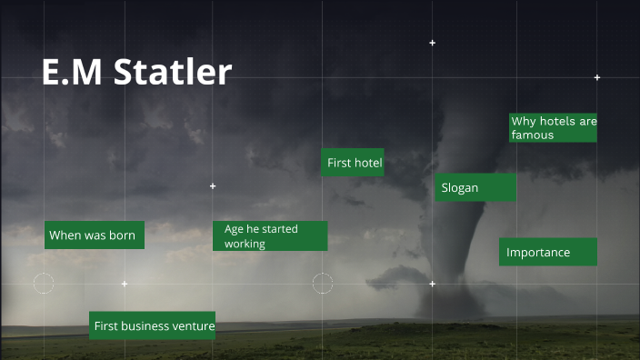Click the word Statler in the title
point(173,73)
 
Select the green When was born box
point(94,235)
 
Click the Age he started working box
point(269,235)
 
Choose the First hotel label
point(354,163)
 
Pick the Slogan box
point(475,187)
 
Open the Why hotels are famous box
point(553,127)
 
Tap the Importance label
point(547,252)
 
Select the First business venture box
point(153,325)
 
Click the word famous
point(532,135)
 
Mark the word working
point(245,244)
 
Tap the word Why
point(523,121)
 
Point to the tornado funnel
point(468,227)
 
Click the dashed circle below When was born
point(44,283)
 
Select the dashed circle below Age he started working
point(323,283)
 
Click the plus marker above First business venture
point(125,284)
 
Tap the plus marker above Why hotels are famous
point(597,77)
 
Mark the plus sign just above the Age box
point(213,186)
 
